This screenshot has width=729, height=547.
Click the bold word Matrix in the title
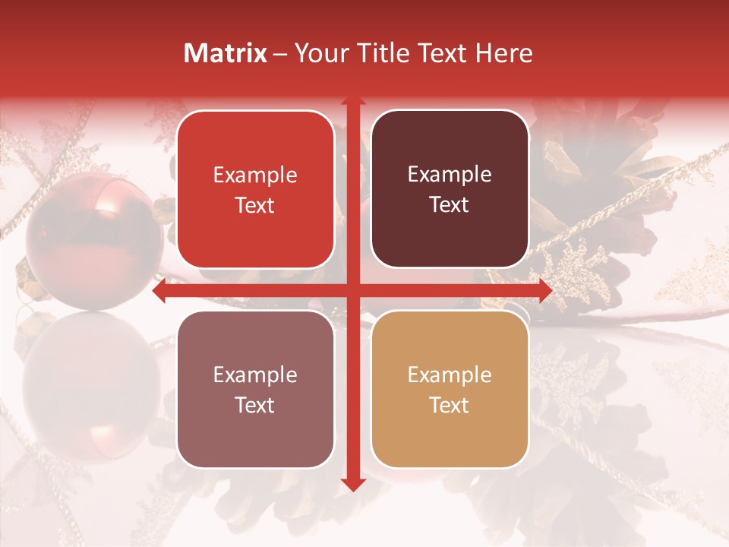[x=226, y=53]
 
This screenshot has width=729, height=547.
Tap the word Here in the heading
[x=504, y=53]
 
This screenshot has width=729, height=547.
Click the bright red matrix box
[x=255, y=190]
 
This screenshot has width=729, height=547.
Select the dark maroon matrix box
[x=450, y=189]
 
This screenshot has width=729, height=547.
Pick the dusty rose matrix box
[x=255, y=390]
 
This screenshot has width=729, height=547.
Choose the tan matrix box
[x=450, y=390]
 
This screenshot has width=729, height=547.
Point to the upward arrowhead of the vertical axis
[x=352, y=100]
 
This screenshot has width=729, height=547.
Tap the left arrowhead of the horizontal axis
[x=159, y=291]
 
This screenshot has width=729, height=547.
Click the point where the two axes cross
[x=352, y=291]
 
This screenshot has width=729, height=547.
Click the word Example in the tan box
[x=450, y=375]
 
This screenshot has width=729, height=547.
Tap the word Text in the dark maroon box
[x=450, y=205]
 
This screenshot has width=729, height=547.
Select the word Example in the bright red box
[x=255, y=175]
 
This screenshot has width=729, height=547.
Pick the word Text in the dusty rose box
[x=255, y=405]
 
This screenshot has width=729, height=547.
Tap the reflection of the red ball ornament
[x=87, y=380]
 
